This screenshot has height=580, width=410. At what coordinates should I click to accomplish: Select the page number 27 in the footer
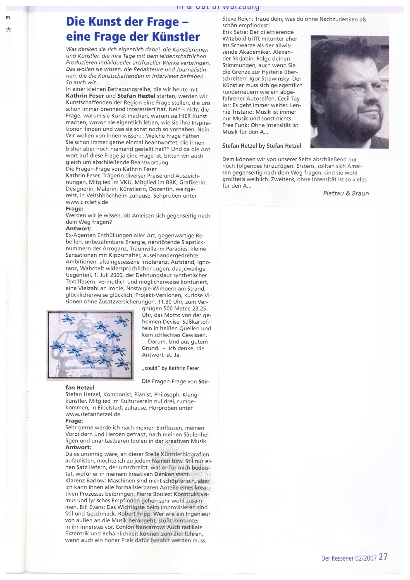(x=383, y=557)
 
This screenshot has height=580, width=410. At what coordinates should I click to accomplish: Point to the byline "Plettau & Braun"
(x=346, y=193)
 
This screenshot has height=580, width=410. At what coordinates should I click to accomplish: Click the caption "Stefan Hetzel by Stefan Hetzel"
(x=262, y=146)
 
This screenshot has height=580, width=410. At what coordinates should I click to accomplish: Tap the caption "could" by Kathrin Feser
(x=170, y=368)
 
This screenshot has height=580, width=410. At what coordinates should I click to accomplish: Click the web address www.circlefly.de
(x=87, y=202)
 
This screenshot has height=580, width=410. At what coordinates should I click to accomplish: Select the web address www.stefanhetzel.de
(x=93, y=414)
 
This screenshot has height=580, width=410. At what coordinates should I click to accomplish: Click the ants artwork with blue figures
(x=90, y=345)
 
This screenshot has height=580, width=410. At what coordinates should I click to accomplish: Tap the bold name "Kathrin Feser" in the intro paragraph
(x=85, y=96)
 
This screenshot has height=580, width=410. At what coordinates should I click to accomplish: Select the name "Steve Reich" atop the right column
(x=237, y=19)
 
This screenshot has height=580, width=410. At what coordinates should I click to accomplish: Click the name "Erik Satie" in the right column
(x=234, y=32)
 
